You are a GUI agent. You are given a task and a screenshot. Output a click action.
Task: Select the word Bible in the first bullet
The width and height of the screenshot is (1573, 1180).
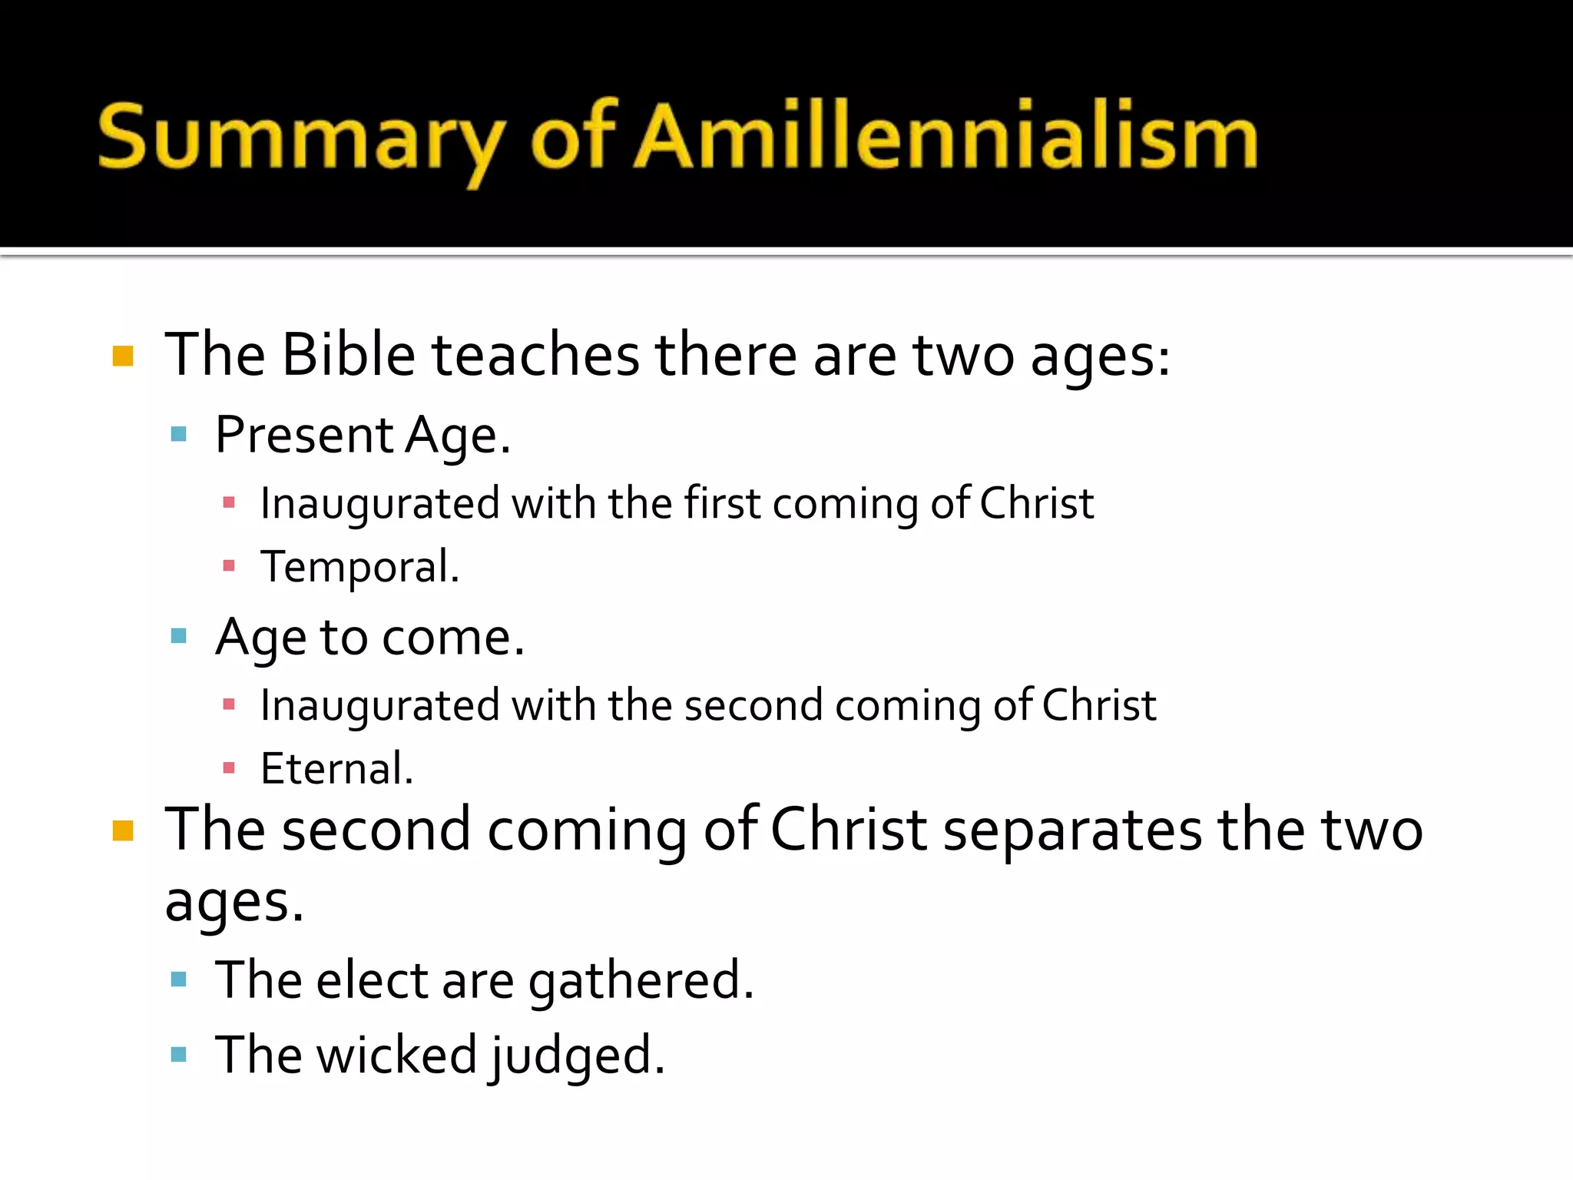(x=348, y=355)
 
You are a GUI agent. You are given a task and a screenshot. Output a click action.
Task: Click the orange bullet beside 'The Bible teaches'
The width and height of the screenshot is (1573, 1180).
(x=123, y=356)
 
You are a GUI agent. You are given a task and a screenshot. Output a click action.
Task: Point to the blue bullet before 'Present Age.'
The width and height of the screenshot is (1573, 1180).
(x=179, y=435)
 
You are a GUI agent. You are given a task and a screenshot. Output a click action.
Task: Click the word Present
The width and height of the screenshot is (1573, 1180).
(x=304, y=435)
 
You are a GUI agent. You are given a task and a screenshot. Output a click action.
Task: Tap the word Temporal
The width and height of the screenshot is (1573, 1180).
(x=359, y=567)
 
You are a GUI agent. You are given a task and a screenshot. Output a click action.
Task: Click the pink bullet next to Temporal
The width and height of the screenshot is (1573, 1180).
(x=228, y=567)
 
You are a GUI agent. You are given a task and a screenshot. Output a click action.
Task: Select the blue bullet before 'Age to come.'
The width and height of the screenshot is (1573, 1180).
(x=179, y=636)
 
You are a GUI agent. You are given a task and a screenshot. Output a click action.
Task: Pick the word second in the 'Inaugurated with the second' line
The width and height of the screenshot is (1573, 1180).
(x=753, y=705)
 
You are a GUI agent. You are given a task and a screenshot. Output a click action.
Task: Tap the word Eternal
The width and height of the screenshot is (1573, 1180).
(x=336, y=768)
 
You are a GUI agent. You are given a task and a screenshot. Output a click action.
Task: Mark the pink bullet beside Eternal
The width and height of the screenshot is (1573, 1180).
(x=228, y=768)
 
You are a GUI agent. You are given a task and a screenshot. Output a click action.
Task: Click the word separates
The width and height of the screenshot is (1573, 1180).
(x=1072, y=831)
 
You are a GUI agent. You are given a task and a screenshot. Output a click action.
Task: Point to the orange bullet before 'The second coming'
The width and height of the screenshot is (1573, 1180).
(x=123, y=831)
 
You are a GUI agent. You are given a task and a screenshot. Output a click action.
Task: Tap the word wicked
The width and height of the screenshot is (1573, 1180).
(x=397, y=1055)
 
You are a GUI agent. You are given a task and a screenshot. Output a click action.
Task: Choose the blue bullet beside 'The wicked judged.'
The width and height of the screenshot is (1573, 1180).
(x=179, y=1055)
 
